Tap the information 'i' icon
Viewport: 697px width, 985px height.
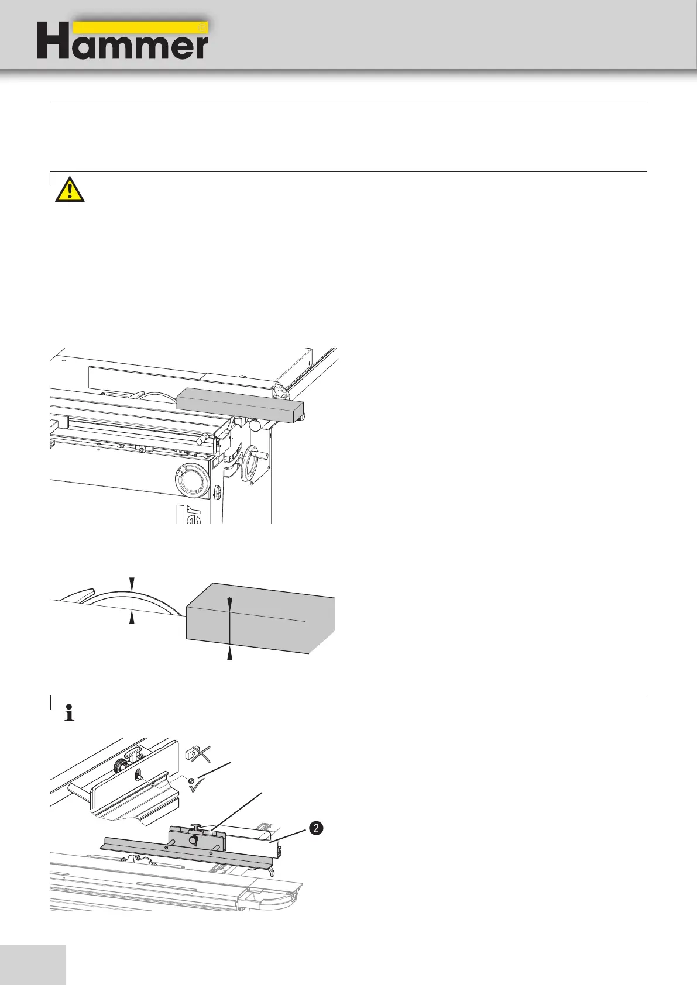(x=69, y=714)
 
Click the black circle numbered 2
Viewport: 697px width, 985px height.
(x=315, y=828)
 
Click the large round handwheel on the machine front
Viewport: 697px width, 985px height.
(x=191, y=480)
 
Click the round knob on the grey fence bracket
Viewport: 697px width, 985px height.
(x=192, y=839)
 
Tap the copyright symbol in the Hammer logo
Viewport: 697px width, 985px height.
(x=202, y=27)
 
